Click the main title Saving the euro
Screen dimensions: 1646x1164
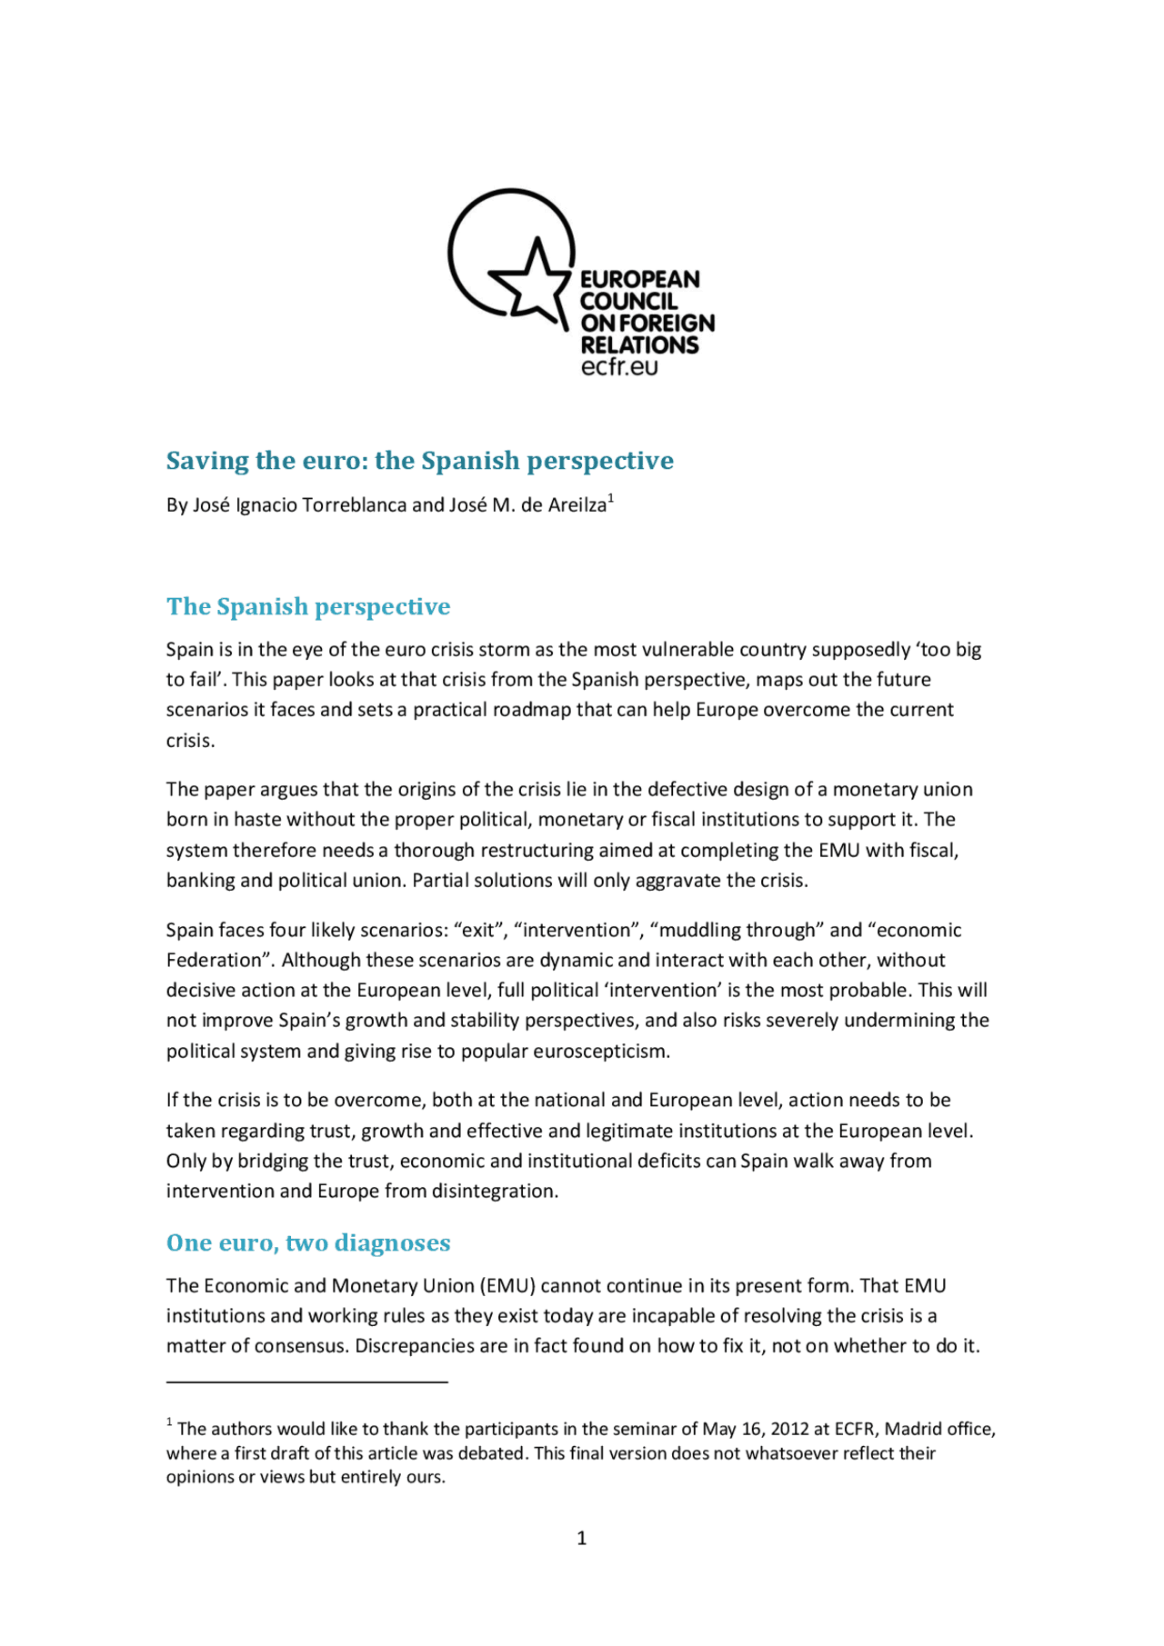[x=419, y=461]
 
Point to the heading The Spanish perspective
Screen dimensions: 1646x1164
[x=308, y=606]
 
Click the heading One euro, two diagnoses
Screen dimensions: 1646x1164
[x=308, y=1242]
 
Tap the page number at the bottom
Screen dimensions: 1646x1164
[x=581, y=1538]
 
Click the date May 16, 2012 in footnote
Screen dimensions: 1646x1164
[x=755, y=1429]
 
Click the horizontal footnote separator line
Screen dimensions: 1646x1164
[x=306, y=1382]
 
